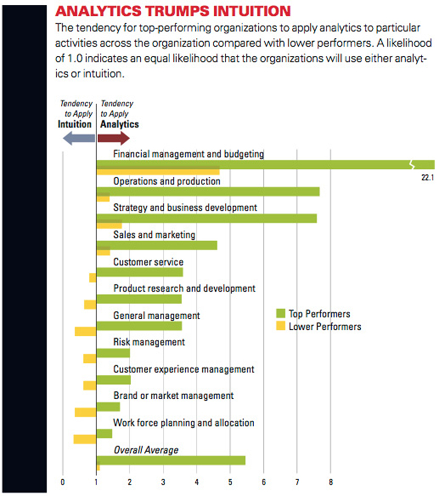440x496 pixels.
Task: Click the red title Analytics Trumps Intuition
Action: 173,11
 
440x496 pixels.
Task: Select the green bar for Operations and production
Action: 208,191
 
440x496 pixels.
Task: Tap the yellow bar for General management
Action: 85,331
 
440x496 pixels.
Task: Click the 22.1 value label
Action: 427,178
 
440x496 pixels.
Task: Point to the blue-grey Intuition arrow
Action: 79,138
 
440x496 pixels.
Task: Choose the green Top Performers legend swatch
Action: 280,313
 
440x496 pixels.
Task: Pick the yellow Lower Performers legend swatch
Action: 280,326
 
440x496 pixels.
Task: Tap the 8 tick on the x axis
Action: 331,482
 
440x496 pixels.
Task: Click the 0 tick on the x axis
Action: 62,482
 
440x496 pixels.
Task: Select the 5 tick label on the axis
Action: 231,482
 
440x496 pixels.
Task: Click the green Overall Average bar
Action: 171,461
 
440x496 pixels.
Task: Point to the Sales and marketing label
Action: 154,235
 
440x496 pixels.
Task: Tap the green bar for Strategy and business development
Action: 206,219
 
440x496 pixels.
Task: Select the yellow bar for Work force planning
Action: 85,439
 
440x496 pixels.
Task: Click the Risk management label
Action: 149,342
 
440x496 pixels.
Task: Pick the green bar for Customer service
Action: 140,272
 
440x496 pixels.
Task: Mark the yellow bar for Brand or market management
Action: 85,412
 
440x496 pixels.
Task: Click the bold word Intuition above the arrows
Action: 75,124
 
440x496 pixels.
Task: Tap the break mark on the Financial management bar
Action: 412,165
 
